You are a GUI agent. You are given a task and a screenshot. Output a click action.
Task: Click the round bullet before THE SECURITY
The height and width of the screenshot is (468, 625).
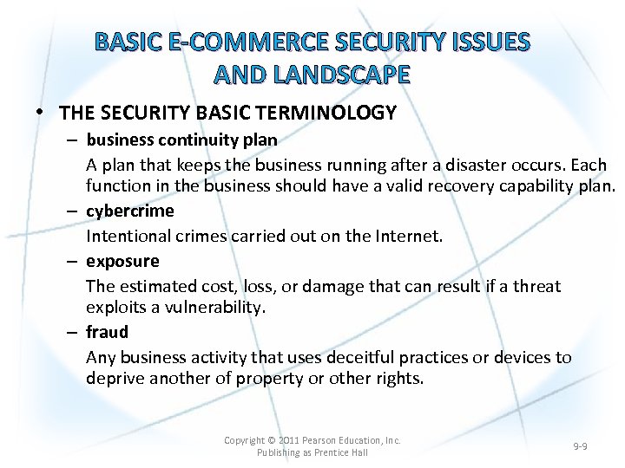[x=43, y=114]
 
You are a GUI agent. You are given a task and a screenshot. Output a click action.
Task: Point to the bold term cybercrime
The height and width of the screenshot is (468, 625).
[x=129, y=211]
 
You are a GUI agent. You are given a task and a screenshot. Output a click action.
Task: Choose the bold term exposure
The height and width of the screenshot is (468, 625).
[x=122, y=261]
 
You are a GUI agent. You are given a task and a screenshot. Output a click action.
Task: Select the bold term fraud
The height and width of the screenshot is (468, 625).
[x=107, y=332]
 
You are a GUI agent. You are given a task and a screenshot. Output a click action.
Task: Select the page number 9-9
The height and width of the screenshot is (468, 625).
[x=580, y=446]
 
